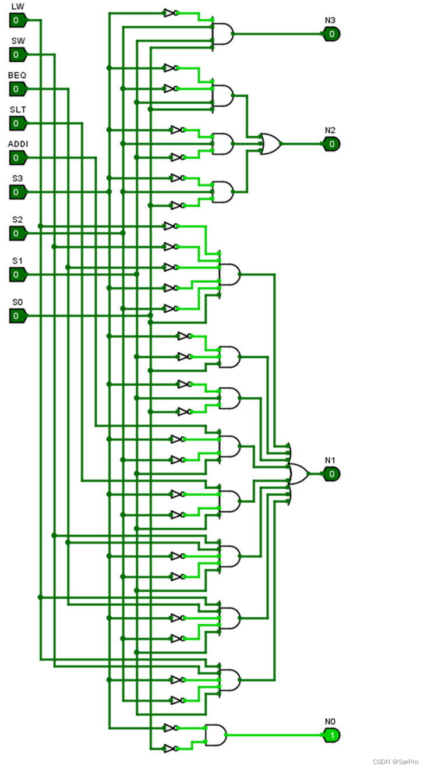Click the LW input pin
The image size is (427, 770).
pyautogui.click(x=18, y=20)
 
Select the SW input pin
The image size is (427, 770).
pyautogui.click(x=18, y=55)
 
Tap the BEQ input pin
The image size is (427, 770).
pyautogui.click(x=18, y=89)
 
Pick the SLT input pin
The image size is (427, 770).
pyautogui.click(x=18, y=123)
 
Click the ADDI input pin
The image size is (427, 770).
pyautogui.click(x=18, y=158)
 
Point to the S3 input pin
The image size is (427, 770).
pyautogui.click(x=18, y=192)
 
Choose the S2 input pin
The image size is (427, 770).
pyautogui.click(x=18, y=234)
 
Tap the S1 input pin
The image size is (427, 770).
pyautogui.click(x=18, y=275)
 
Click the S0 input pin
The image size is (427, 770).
pyautogui.click(x=18, y=316)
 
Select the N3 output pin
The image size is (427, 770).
pyautogui.click(x=331, y=34)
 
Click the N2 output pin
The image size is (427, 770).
pyautogui.click(x=331, y=144)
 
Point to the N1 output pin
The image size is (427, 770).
pyautogui.click(x=331, y=474)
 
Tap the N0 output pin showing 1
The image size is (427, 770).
pyautogui.click(x=331, y=735)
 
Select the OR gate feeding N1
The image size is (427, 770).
pyautogui.click(x=298, y=474)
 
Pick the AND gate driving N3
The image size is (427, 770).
pyautogui.click(x=223, y=34)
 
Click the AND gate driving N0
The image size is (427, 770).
pyautogui.click(x=216, y=735)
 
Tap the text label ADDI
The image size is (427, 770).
pyautogui.click(x=18, y=144)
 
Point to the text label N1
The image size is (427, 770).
pyautogui.click(x=330, y=460)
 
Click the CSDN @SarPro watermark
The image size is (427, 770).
pyautogui.click(x=396, y=762)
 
